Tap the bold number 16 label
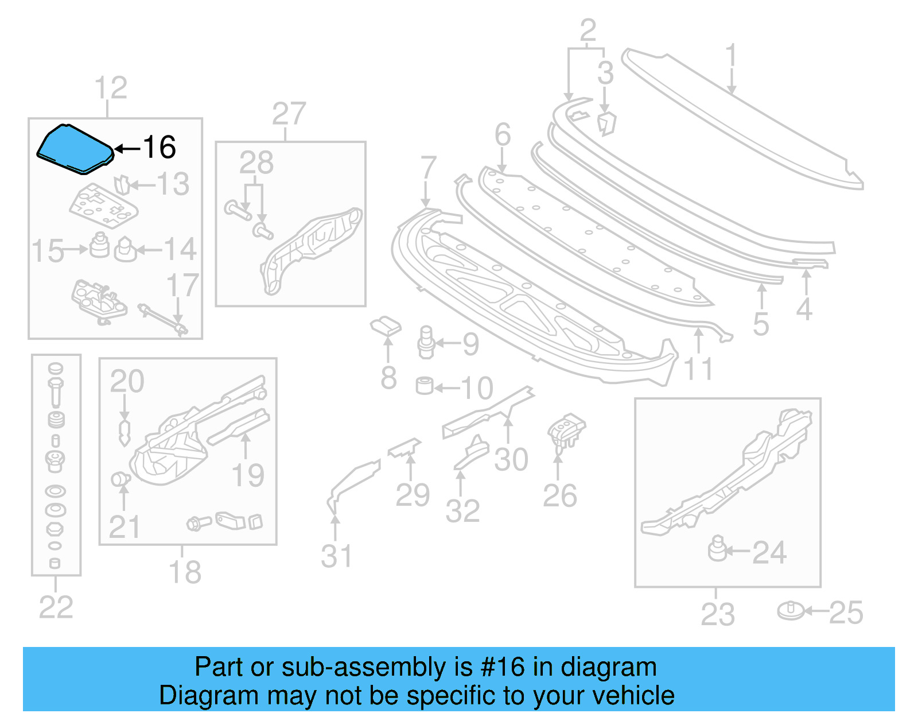pyautogui.click(x=159, y=148)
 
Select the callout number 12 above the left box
pyautogui.click(x=110, y=88)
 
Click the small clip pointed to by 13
pyautogui.click(x=122, y=185)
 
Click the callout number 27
pyautogui.click(x=289, y=114)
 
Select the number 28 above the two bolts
pyautogui.click(x=256, y=163)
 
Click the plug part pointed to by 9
pyautogui.click(x=426, y=343)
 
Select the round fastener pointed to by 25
pyautogui.click(x=791, y=611)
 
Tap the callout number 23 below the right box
pyautogui.click(x=717, y=614)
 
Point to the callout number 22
pyautogui.click(x=56, y=607)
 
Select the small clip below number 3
pyautogui.click(x=606, y=123)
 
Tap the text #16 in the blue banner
pyautogui.click(x=503, y=668)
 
